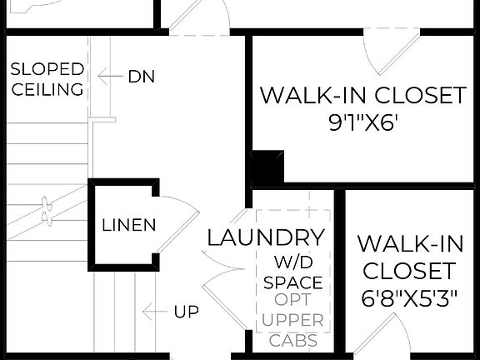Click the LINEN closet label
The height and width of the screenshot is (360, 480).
click(x=129, y=225)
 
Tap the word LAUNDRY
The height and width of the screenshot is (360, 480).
click(x=266, y=237)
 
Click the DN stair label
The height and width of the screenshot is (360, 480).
click(x=142, y=77)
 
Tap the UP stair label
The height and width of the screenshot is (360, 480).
click(x=187, y=312)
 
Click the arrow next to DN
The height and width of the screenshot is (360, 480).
click(x=108, y=77)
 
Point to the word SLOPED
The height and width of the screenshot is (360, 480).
click(x=47, y=69)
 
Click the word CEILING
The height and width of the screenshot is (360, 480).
click(x=47, y=89)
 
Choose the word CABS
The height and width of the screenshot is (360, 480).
click(x=292, y=340)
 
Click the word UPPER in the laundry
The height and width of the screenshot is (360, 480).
click(x=292, y=321)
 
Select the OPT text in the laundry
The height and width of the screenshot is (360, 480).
click(x=292, y=301)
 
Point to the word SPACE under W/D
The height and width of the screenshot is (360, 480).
click(x=292, y=282)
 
